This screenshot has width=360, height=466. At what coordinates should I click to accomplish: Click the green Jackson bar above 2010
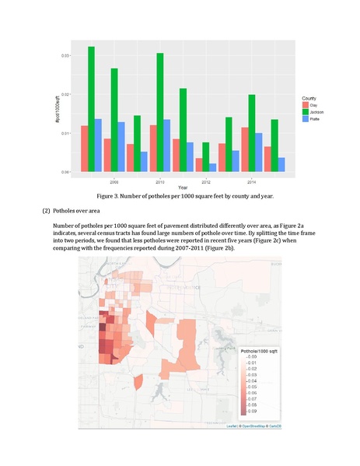[x=160, y=112]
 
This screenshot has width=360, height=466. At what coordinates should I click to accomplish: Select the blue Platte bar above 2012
[x=213, y=167]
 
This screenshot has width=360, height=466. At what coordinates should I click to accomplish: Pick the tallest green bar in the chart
[x=92, y=109]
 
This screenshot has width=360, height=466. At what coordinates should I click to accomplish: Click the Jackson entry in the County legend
[x=314, y=112]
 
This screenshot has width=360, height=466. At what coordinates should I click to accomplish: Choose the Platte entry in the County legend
[x=313, y=119]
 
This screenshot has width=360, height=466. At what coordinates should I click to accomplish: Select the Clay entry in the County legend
[x=312, y=105]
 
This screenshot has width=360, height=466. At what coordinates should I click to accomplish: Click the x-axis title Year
[x=182, y=187]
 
